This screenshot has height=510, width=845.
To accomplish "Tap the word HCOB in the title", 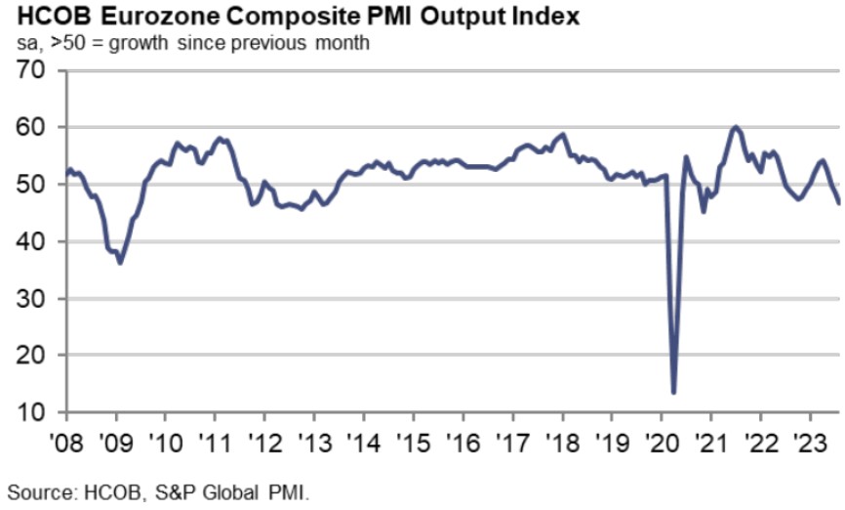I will pyautogui.click(x=40, y=17).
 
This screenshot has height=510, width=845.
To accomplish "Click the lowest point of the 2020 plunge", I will pyautogui.click(x=674, y=393).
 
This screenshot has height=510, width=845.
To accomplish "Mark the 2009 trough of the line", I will pyautogui.click(x=120, y=263).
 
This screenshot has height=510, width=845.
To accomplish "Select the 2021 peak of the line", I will pyautogui.click(x=735, y=127).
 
